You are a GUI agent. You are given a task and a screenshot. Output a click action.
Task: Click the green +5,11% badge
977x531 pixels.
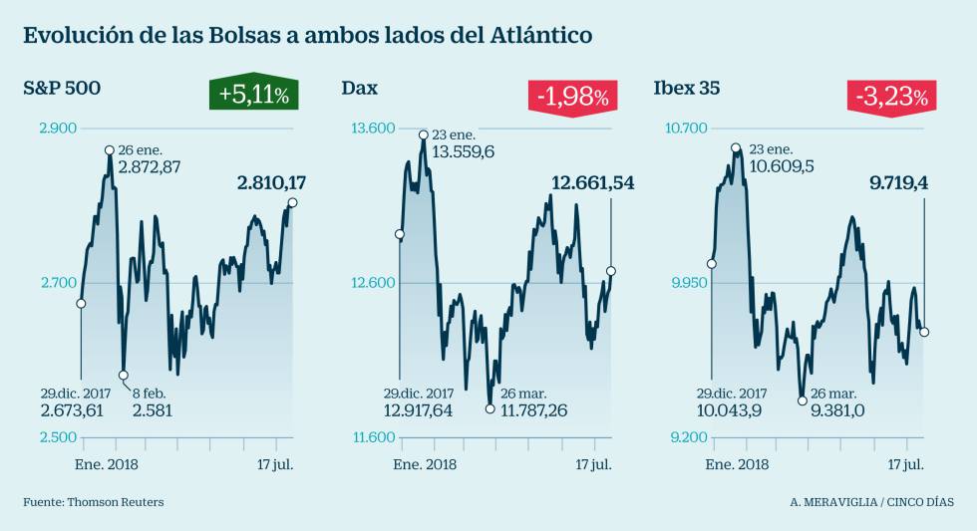pyautogui.click(x=253, y=95)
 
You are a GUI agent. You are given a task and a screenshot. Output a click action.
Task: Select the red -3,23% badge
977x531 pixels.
pyautogui.click(x=892, y=96)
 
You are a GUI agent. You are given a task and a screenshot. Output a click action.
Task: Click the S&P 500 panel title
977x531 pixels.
pyautogui.click(x=62, y=89)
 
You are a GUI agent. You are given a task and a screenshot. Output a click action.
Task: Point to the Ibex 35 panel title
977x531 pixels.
pyautogui.click(x=686, y=89)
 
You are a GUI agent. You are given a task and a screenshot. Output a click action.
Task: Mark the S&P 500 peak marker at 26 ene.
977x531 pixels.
pyautogui.click(x=110, y=150)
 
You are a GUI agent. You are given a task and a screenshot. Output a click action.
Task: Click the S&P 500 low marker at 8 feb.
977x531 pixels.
pyautogui.click(x=124, y=376)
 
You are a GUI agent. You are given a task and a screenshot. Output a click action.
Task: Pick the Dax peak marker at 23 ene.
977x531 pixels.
pyautogui.click(x=424, y=133)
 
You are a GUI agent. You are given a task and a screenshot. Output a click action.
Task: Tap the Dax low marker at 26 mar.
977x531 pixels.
pyautogui.click(x=489, y=407)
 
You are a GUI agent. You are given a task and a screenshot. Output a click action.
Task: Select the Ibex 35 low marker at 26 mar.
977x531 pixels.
pyautogui.click(x=802, y=400)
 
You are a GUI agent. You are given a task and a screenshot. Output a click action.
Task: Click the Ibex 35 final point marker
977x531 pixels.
pyautogui.click(x=924, y=332)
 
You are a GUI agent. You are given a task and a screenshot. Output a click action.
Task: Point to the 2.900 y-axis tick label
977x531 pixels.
pyautogui.click(x=59, y=128)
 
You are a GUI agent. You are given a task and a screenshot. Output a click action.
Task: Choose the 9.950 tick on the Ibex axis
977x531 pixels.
pyautogui.click(x=688, y=283)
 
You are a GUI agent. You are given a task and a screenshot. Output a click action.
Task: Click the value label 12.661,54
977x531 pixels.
pyautogui.click(x=592, y=182)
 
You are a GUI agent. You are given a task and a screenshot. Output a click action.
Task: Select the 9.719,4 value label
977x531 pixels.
pyautogui.click(x=899, y=182)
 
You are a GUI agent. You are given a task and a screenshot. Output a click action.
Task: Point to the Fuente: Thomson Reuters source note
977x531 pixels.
pyautogui.click(x=94, y=502)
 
